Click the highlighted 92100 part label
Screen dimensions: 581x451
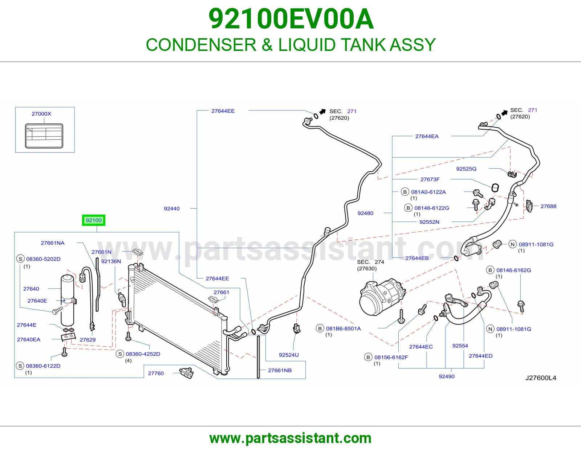pyautogui.click(x=94, y=220)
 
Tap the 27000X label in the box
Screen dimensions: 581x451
pyautogui.click(x=41, y=114)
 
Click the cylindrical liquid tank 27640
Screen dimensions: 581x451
pyautogui.click(x=68, y=300)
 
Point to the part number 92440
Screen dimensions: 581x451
pyautogui.click(x=172, y=208)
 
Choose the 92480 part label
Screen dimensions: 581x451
pyautogui.click(x=365, y=213)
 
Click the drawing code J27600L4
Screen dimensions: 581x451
pyautogui.click(x=541, y=378)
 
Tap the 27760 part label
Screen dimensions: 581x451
pyautogui.click(x=156, y=373)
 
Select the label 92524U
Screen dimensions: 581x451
pyautogui.click(x=289, y=355)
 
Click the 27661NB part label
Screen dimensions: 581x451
pyautogui.click(x=280, y=370)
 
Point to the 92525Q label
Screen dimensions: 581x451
pyautogui.click(x=466, y=169)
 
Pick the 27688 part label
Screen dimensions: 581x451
pyautogui.click(x=548, y=206)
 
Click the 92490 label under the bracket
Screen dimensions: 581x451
pyautogui.click(x=447, y=376)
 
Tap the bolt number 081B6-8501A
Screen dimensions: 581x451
pyautogui.click(x=343, y=328)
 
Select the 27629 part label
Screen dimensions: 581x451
pyautogui.click(x=88, y=340)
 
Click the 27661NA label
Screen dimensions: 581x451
pyautogui.click(x=52, y=243)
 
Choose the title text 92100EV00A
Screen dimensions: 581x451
pyautogui.click(x=291, y=19)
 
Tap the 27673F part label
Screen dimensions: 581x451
pyautogui.click(x=430, y=179)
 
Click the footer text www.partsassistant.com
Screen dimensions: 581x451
pyautogui.click(x=290, y=438)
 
